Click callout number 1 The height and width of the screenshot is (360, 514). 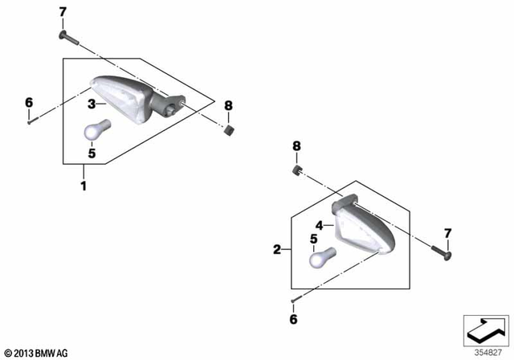83,186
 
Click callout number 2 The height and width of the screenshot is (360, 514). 277,250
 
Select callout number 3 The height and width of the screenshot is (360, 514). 92,104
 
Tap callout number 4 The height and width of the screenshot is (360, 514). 319,226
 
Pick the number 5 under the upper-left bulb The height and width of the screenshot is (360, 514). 92,153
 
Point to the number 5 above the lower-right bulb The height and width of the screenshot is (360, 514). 313,239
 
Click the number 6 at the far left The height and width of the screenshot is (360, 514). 29,102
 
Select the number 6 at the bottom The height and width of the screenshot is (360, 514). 293,319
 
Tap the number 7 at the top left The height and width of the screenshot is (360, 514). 63,11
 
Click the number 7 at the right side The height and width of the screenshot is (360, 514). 448,233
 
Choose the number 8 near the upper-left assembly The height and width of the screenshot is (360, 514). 228,105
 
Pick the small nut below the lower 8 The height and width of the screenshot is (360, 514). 296,170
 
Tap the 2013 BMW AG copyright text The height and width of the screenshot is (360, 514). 37,353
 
